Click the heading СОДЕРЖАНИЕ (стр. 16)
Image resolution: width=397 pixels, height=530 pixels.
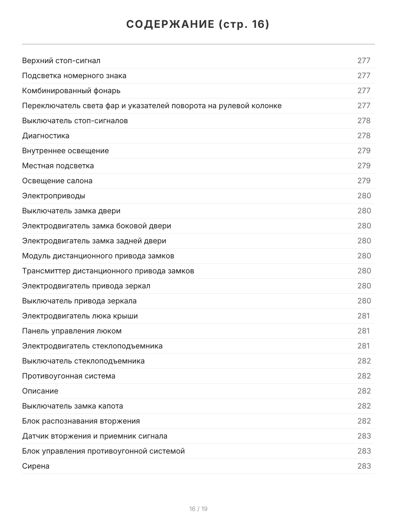198,24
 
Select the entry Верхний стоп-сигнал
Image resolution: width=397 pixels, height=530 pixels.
61,61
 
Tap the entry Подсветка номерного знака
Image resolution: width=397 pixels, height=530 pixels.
74,76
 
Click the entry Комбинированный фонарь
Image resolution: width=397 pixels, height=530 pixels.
71,91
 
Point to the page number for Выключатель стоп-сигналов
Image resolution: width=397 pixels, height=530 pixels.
364,121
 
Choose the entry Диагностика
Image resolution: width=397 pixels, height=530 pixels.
46,136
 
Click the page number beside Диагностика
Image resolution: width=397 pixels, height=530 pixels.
364,136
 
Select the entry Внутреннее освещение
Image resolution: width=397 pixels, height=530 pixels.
65,151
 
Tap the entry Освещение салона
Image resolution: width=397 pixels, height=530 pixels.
57,181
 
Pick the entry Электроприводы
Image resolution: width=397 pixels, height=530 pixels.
54,196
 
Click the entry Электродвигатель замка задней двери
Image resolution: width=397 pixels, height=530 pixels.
94,241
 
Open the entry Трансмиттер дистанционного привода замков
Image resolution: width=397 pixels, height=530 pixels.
108,271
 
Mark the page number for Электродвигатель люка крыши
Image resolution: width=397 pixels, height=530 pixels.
363,316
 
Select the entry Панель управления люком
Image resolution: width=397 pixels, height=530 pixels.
72,331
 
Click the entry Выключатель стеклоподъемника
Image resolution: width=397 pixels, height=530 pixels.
83,361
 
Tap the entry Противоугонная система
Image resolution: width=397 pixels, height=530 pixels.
69,376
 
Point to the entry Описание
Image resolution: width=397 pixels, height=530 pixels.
40,391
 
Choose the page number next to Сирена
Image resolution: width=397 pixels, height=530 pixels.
364,466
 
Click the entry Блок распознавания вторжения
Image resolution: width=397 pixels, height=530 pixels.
81,421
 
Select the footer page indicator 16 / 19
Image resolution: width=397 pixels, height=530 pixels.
198,509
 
